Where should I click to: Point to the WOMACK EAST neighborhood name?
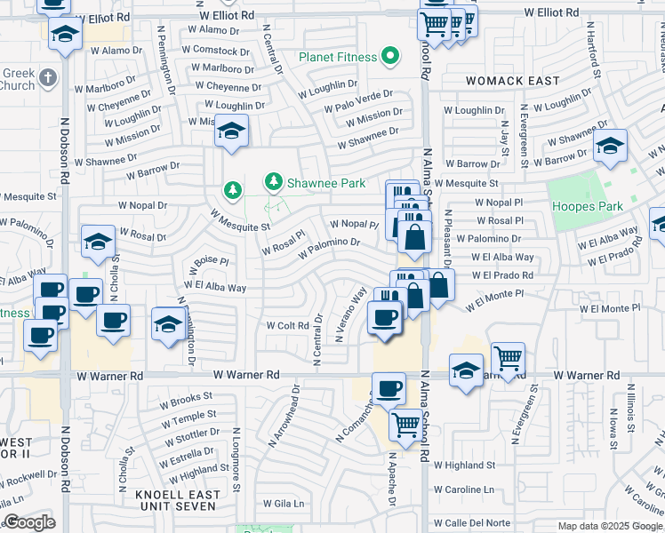click(514, 81)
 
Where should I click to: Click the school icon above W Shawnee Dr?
click(231, 132)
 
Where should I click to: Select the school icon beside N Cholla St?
click(98, 241)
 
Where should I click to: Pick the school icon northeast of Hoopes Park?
click(610, 148)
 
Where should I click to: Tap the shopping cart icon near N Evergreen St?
click(508, 360)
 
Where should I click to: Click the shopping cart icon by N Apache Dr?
click(405, 426)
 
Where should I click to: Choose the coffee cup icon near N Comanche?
click(389, 388)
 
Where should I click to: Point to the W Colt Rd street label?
click(287, 325)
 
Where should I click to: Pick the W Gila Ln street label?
click(282, 504)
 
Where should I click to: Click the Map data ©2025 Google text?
click(609, 525)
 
